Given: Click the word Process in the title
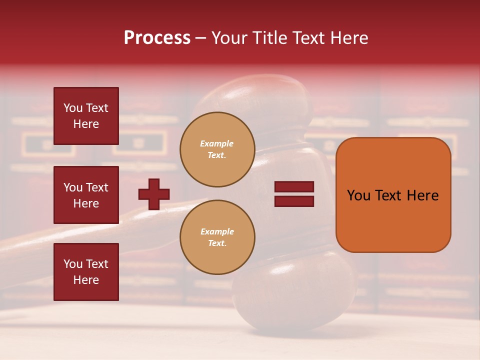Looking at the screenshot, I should [x=157, y=38].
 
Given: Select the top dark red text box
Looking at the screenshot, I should [x=86, y=116].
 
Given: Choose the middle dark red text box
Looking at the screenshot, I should [x=86, y=195].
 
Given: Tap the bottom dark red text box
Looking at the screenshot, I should [x=86, y=271].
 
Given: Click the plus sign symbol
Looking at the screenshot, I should [x=154, y=194].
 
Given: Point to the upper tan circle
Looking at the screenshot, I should [x=217, y=149].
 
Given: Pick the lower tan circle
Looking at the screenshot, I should [x=217, y=237].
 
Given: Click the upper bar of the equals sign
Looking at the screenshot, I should [x=294, y=186].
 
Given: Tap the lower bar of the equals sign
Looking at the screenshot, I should [x=294, y=201].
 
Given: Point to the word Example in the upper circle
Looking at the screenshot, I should [x=217, y=143].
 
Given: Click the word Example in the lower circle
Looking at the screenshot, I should [x=217, y=231].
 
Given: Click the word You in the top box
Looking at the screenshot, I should [x=73, y=108].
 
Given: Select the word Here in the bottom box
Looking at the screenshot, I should [x=86, y=280].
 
